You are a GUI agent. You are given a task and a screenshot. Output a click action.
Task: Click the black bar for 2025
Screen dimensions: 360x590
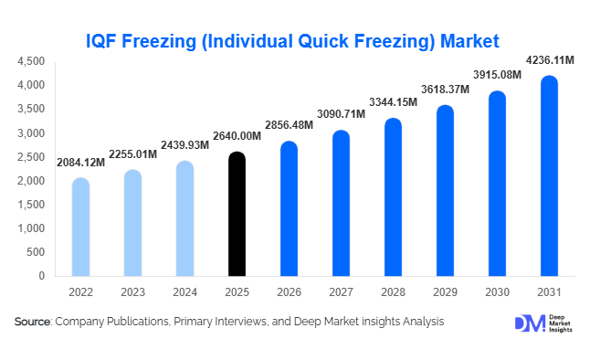[x=237, y=214]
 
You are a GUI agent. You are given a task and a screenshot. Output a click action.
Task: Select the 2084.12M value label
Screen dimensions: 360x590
[x=80, y=164]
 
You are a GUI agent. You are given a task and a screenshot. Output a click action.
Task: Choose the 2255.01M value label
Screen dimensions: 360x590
[x=133, y=155]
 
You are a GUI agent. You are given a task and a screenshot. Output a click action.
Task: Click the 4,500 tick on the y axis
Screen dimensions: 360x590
[x=31, y=61]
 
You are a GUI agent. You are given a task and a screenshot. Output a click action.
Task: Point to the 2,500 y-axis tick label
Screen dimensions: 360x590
[x=31, y=157]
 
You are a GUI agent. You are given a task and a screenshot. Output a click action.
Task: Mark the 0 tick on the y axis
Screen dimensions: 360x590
[x=42, y=276]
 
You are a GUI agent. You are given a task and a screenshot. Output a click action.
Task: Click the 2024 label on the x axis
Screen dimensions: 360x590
[x=184, y=292]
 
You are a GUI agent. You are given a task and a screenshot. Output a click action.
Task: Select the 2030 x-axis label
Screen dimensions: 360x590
[x=497, y=292]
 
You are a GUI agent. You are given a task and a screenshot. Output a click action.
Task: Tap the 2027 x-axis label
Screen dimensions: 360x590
[x=341, y=292]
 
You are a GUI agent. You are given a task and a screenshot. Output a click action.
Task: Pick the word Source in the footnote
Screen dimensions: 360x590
[x=32, y=322]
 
